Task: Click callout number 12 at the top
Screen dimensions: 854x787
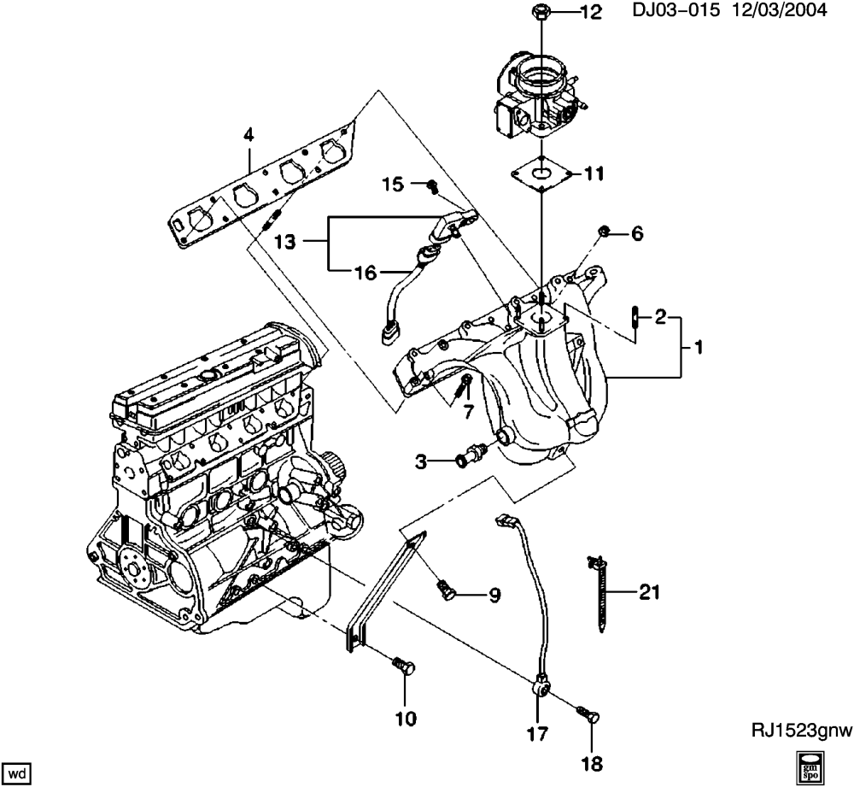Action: point(591,12)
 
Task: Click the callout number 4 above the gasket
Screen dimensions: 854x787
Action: point(249,135)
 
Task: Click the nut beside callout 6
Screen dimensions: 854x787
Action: point(604,232)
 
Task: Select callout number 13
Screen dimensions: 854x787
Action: point(284,241)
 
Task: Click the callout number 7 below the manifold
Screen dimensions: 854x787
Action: point(469,412)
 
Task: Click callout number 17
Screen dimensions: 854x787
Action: point(537,734)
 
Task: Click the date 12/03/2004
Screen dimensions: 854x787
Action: point(780,10)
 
